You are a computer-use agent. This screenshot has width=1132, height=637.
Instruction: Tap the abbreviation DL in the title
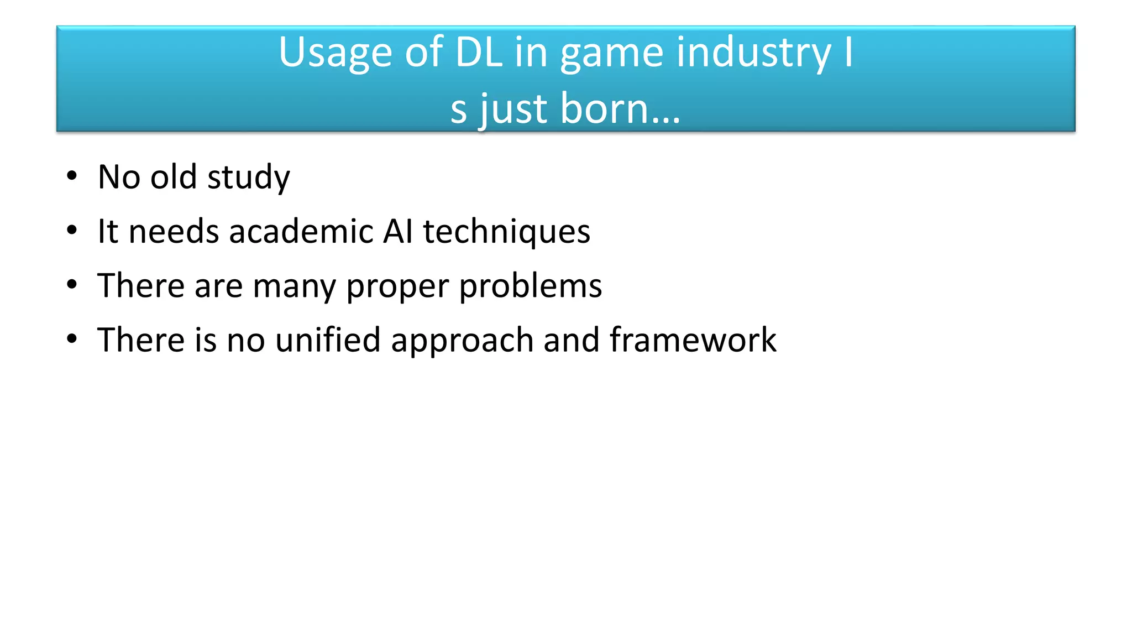tap(479, 53)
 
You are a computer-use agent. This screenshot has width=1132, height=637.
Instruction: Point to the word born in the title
tap(621, 108)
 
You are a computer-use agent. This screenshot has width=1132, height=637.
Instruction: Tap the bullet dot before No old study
tap(72, 176)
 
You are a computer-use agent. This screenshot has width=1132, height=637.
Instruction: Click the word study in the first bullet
tap(248, 177)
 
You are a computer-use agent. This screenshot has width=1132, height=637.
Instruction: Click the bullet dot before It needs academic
tap(72, 230)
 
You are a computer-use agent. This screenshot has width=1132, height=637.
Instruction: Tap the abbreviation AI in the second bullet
tap(398, 231)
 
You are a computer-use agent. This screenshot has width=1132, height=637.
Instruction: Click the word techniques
tap(506, 232)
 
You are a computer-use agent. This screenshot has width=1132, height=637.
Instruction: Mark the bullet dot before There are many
tap(72, 285)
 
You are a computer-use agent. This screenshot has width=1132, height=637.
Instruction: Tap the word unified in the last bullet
tap(328, 339)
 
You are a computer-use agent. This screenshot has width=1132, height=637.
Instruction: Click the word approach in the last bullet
tap(462, 340)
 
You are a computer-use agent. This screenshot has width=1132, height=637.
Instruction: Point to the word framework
tap(693, 339)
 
